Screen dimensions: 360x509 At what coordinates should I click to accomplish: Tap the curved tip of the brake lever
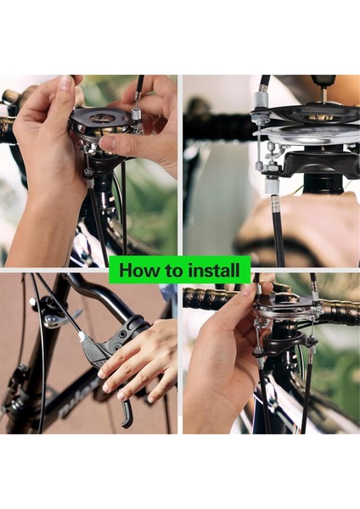pyautogui.click(x=127, y=420)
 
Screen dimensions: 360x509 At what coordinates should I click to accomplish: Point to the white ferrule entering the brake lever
pyautogui.click(x=82, y=336)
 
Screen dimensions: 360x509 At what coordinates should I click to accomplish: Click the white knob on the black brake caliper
pyautogui.click(x=32, y=301)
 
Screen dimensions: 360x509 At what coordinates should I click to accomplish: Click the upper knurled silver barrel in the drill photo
pyautogui.click(x=261, y=99)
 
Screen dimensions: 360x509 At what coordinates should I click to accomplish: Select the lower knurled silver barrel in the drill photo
pyautogui.click(x=272, y=186)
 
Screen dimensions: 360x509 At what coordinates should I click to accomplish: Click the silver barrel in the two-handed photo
pyautogui.click(x=135, y=115)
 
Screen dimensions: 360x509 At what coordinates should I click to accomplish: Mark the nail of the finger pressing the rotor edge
pyautogui.click(x=108, y=143)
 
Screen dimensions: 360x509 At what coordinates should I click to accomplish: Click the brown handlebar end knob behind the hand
pyautogui.click(x=9, y=97)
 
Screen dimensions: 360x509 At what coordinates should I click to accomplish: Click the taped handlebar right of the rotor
pyautogui.click(x=338, y=312)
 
